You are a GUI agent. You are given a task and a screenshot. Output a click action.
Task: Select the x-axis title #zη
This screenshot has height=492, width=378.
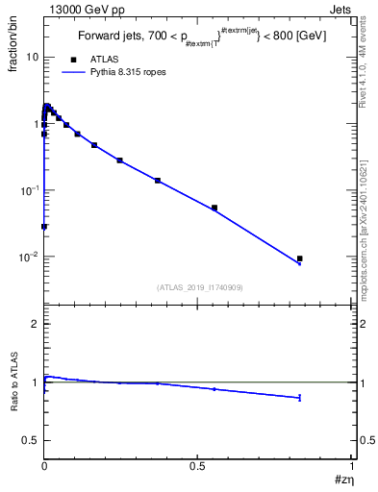(x=342, y=479)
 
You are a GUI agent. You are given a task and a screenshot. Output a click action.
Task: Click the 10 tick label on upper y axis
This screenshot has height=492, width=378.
(x=32, y=57)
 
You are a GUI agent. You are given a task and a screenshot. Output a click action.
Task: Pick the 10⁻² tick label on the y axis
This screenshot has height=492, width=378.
(x=29, y=258)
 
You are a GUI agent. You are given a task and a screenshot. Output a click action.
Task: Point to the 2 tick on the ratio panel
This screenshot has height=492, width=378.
(x=35, y=324)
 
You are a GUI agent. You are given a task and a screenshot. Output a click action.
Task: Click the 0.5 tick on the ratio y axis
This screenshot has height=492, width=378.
(x=31, y=440)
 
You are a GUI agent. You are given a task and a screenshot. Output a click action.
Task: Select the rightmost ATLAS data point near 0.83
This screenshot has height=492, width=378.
(x=300, y=258)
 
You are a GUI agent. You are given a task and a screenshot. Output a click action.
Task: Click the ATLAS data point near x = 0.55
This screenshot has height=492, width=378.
(x=214, y=208)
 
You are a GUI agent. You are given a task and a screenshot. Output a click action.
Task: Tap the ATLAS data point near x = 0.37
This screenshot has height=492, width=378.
(x=158, y=181)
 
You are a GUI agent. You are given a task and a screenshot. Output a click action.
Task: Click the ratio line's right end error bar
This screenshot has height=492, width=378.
(x=300, y=397)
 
